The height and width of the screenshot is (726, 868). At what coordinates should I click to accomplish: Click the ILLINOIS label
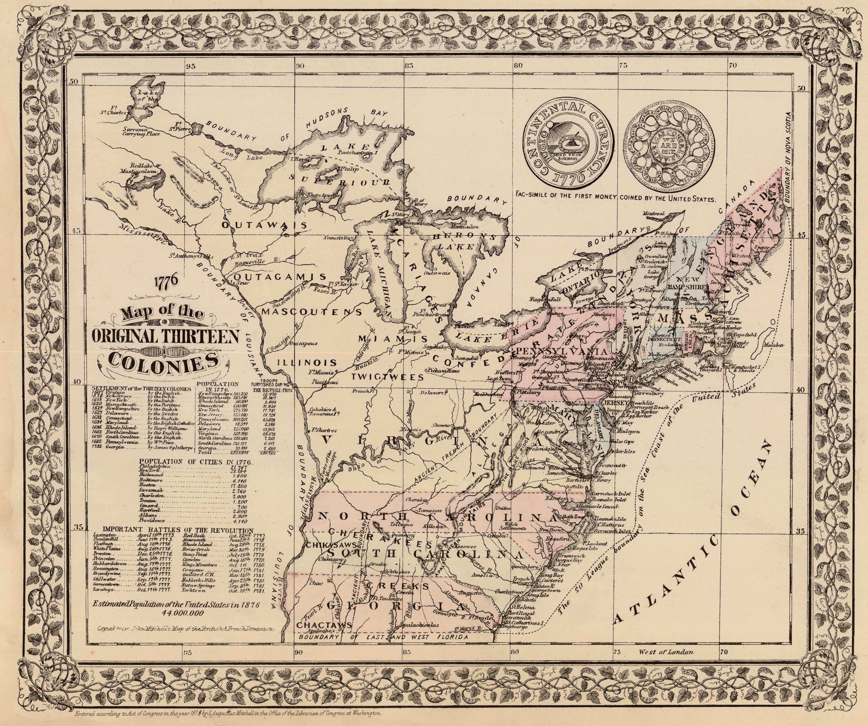(x=306, y=363)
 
